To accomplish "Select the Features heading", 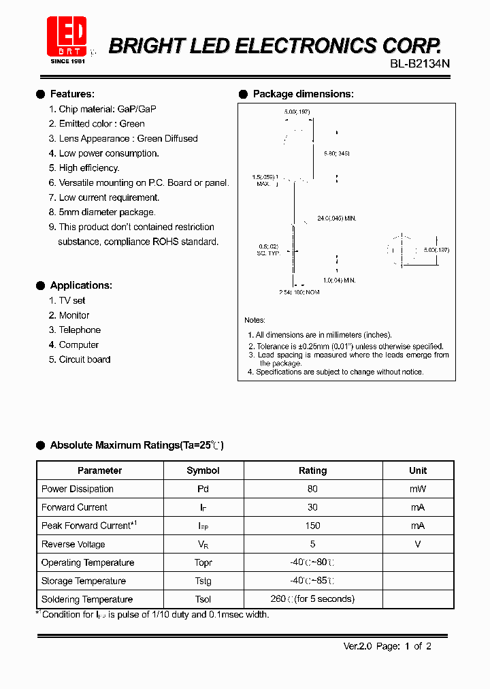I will (x=72, y=94).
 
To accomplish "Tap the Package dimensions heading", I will (x=303, y=94).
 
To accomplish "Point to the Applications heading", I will (x=81, y=285).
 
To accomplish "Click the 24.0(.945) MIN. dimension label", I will (x=337, y=219).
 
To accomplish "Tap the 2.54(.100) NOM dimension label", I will (x=299, y=292).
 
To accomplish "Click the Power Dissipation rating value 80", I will (x=312, y=489).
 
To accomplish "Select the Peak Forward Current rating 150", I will (x=312, y=526).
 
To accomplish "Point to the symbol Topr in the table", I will (x=203, y=562).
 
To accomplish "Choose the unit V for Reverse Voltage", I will (x=418, y=544).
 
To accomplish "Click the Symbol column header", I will (x=203, y=470).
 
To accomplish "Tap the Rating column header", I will (x=312, y=470).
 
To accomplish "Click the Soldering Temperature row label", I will (x=87, y=599).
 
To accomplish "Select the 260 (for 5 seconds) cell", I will (x=312, y=599).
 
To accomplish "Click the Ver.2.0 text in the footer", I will (x=356, y=646).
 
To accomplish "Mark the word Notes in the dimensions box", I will (x=255, y=320).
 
